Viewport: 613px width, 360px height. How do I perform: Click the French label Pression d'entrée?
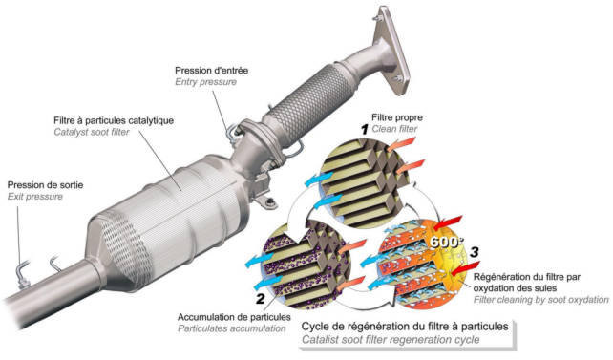pos(211,71)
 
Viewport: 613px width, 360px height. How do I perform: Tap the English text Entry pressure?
pos(205,82)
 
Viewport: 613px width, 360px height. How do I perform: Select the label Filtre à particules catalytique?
pos(114,120)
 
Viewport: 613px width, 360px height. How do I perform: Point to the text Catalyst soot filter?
pos(92,132)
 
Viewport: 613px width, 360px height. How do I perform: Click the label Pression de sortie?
pos(45,185)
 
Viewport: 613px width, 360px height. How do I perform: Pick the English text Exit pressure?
pos(35,196)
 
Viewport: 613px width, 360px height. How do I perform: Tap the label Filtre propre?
pos(397,117)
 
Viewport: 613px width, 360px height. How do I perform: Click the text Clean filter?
pos(394,129)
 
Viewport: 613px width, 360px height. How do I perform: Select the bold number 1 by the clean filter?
pos(365,129)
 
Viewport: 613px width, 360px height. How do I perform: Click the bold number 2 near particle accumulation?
pos(261,299)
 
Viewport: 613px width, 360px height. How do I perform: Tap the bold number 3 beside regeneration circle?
pos(475,252)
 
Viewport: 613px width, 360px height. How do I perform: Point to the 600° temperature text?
pos(446,242)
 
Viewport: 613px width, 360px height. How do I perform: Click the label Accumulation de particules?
pos(234,317)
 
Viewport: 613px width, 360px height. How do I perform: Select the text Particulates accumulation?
pos(231,328)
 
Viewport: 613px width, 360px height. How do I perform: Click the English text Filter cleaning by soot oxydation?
pos(541,300)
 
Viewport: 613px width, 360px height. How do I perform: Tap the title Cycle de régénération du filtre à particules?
pos(405,327)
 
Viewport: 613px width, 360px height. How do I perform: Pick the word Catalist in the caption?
pos(320,340)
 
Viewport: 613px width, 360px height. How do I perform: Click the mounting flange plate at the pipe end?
pos(391,50)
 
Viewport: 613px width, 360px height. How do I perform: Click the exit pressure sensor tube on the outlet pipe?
pos(22,269)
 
